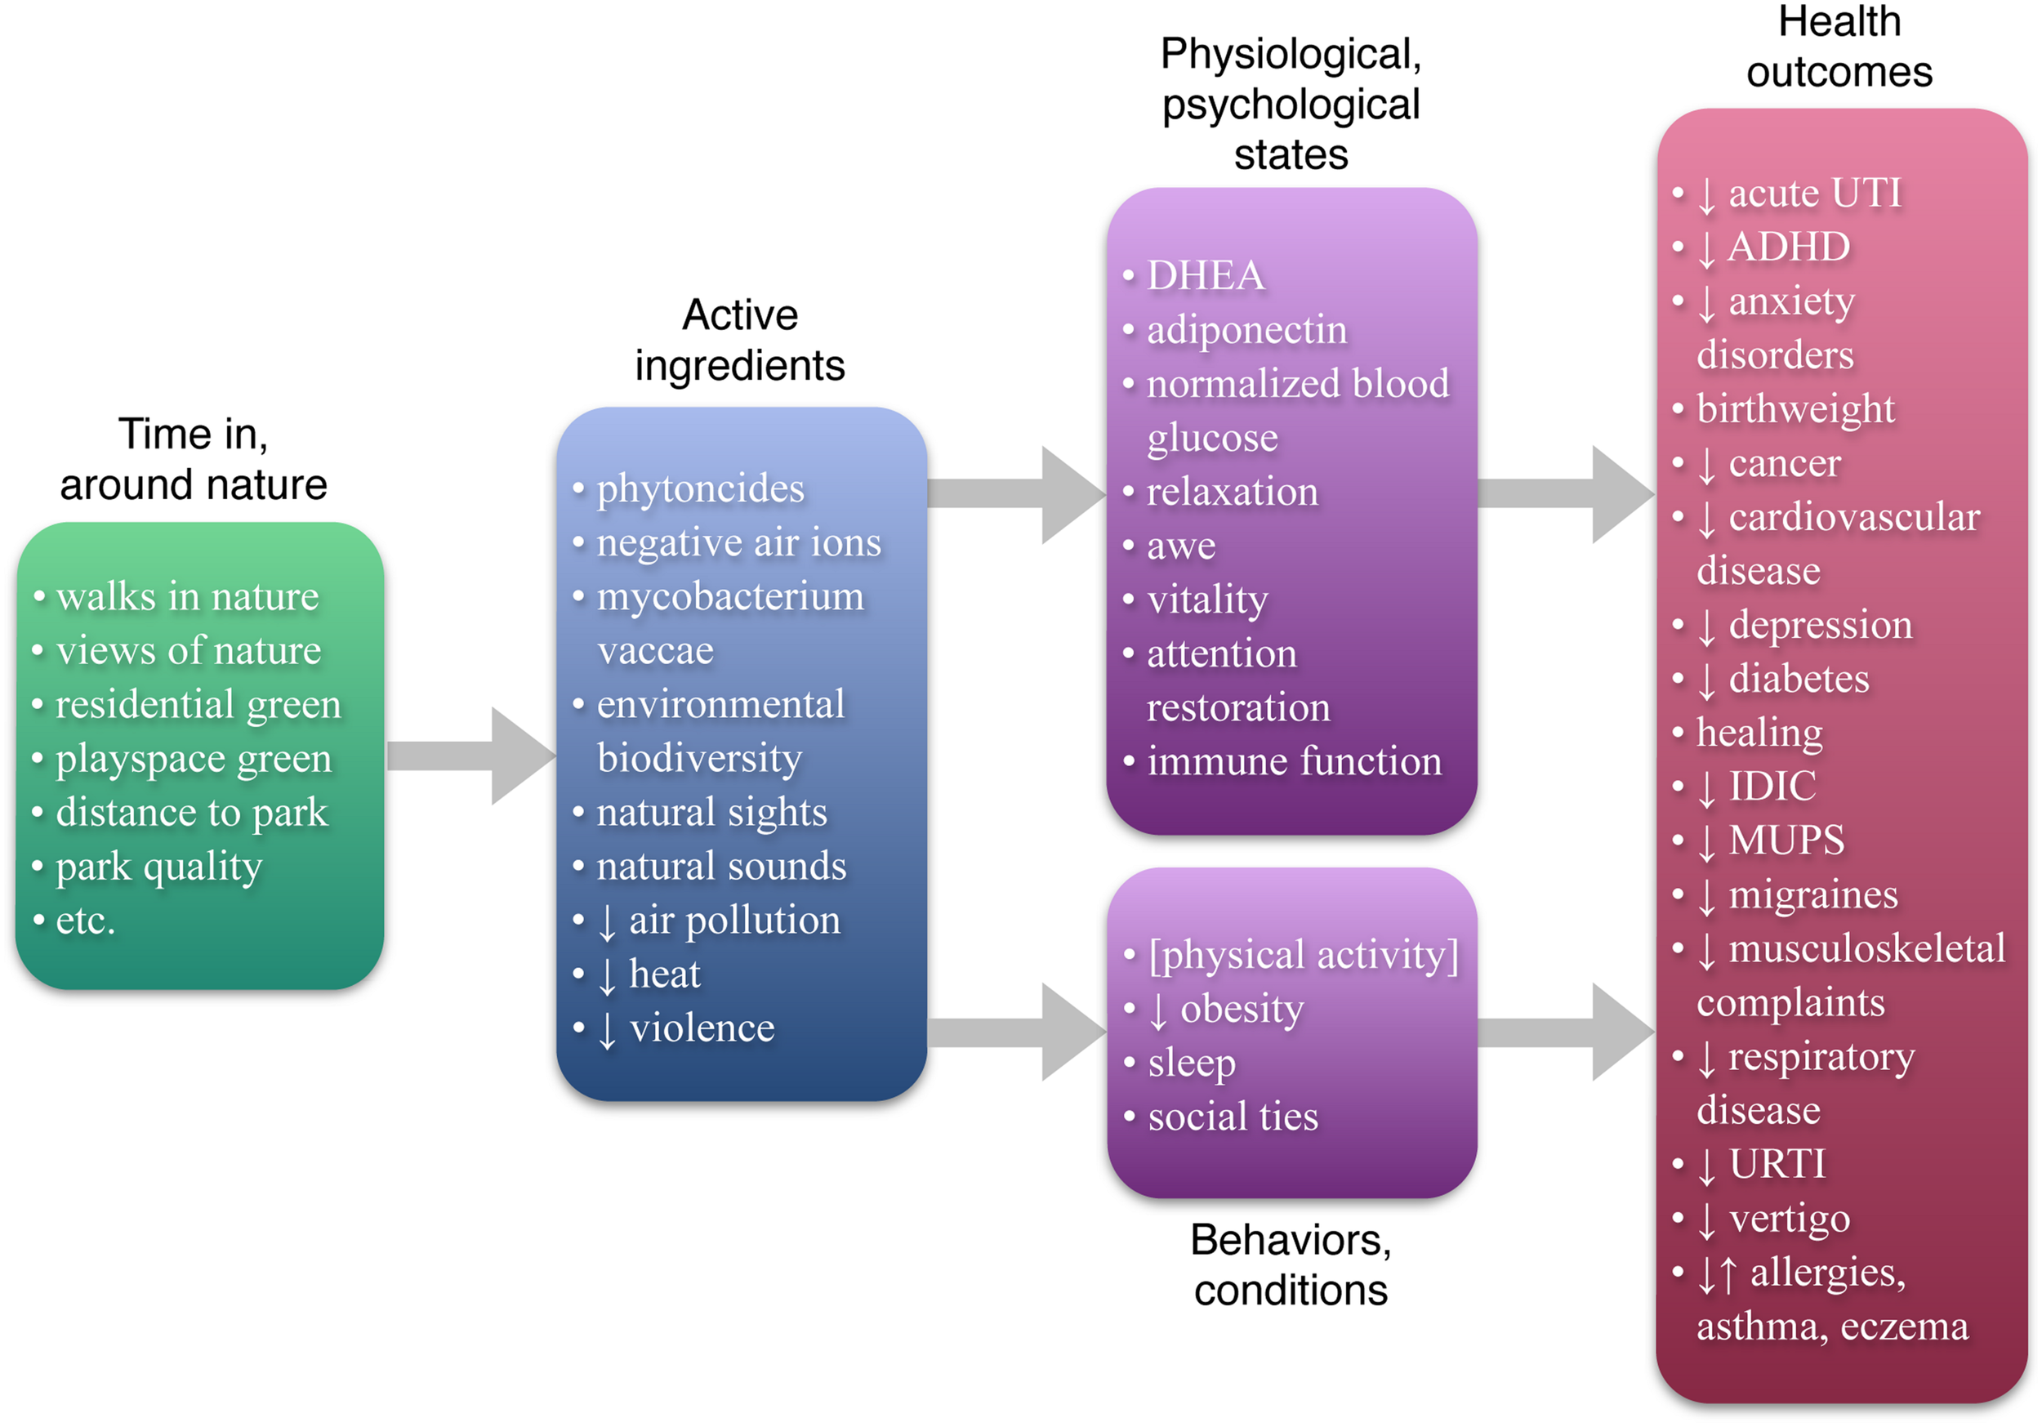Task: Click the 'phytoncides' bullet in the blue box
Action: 700,488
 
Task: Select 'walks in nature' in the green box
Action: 187,596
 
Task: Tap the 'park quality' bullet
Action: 158,867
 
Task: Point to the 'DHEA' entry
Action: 1205,275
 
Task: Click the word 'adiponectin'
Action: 1247,330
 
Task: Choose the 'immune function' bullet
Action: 1293,761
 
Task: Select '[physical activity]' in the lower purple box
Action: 1303,955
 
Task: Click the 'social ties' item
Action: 1233,1117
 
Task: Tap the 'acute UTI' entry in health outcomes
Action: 1813,193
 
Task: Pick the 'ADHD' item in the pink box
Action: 1788,247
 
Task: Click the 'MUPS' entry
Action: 1786,841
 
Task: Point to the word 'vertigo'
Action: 1790,1219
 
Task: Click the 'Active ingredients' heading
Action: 739,340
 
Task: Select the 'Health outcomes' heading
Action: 1839,47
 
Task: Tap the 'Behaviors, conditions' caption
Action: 1291,1264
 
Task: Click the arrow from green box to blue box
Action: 471,756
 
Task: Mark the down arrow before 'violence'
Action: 607,1030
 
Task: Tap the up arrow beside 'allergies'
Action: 1728,1274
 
